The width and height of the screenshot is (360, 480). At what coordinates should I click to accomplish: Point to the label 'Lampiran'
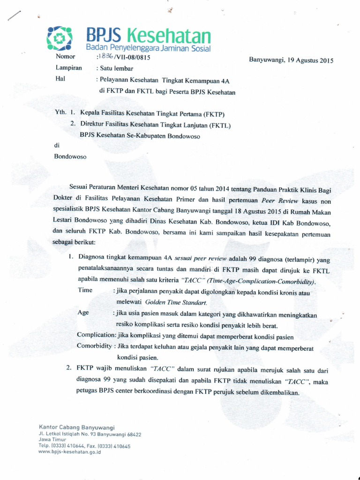(68, 68)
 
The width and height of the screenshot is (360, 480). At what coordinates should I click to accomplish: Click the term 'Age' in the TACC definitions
(83, 312)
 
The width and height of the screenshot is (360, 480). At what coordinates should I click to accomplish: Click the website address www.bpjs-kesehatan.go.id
(70, 452)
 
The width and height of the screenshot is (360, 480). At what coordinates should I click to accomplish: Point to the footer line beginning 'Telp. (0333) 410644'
(84, 446)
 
